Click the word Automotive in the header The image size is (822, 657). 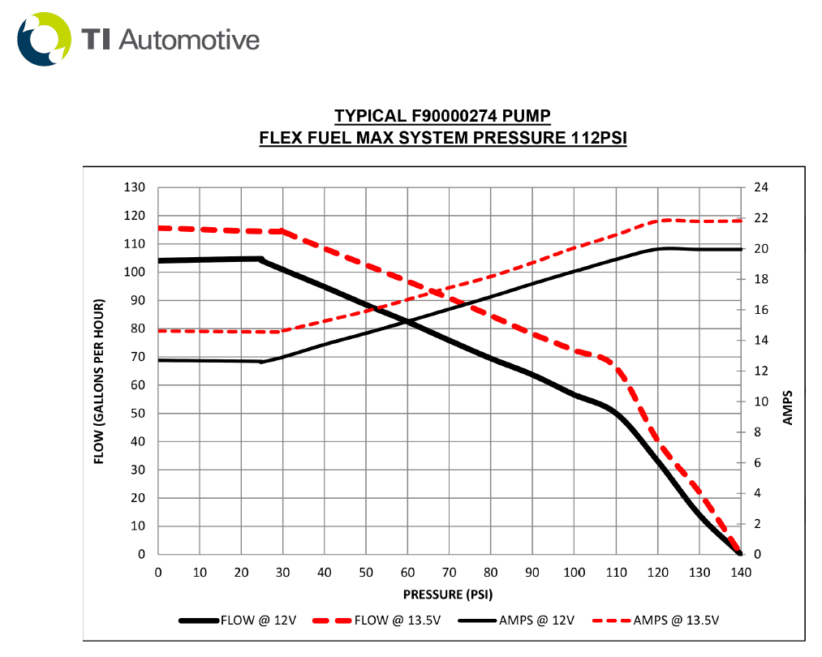point(190,39)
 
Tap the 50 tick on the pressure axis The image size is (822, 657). point(366,572)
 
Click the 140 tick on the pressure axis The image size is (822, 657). point(740,572)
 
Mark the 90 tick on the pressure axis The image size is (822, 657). point(532,572)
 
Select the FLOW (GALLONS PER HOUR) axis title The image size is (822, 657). point(100,381)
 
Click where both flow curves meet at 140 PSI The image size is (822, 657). point(739,553)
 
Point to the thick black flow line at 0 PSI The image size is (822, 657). point(160,260)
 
